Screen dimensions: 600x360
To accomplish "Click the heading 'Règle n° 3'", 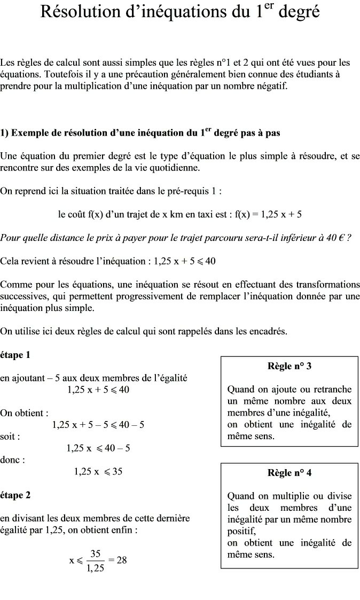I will (289, 366).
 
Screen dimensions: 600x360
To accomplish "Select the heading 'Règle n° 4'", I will (289, 473).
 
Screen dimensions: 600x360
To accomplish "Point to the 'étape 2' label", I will (15, 495).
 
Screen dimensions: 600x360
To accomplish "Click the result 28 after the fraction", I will (121, 560).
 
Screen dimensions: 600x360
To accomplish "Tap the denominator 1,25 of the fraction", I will (96, 568).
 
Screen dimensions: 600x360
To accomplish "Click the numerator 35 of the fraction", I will (96, 554).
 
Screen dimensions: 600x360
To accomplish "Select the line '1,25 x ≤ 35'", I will (98, 471).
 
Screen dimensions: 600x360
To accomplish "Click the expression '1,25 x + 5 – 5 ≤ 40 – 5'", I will (98, 425).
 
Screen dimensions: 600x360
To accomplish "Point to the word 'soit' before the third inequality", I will (9, 437).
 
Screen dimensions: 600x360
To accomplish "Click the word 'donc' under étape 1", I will (11, 459).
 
